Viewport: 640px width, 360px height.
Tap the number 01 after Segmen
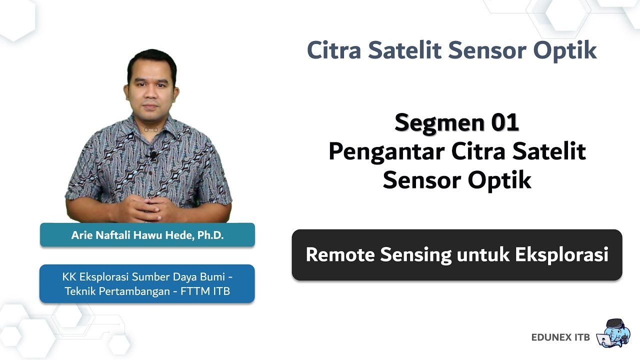(x=505, y=122)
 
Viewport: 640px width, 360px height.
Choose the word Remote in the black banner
(x=340, y=254)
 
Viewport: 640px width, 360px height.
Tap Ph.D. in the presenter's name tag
(x=210, y=235)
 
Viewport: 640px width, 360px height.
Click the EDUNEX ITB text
(x=560, y=337)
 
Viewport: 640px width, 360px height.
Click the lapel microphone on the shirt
(x=152, y=155)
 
